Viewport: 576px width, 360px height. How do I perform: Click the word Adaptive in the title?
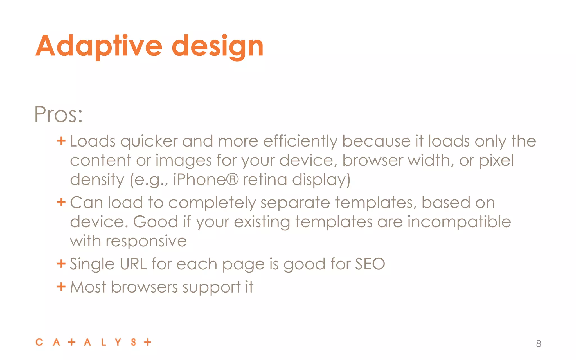point(99,46)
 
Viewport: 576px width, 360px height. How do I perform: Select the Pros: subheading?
point(58,114)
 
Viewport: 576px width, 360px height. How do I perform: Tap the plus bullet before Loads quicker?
point(61,141)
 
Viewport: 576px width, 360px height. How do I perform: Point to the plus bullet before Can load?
point(61,202)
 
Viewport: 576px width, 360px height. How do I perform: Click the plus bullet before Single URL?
point(61,264)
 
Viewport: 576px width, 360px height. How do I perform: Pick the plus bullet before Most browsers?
point(61,287)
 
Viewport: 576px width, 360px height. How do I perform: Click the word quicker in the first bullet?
point(149,141)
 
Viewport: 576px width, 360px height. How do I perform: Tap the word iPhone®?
point(206,179)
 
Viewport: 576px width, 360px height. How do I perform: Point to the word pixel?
point(496,160)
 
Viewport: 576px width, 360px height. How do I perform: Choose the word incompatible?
point(459,222)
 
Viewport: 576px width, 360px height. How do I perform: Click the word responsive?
point(146,241)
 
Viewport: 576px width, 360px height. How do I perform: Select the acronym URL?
point(133,264)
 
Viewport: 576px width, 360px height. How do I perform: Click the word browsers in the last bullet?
point(145,287)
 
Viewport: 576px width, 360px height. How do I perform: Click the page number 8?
point(539,343)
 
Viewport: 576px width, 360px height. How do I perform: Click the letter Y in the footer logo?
point(118,342)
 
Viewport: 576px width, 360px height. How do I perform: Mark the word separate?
point(295,202)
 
